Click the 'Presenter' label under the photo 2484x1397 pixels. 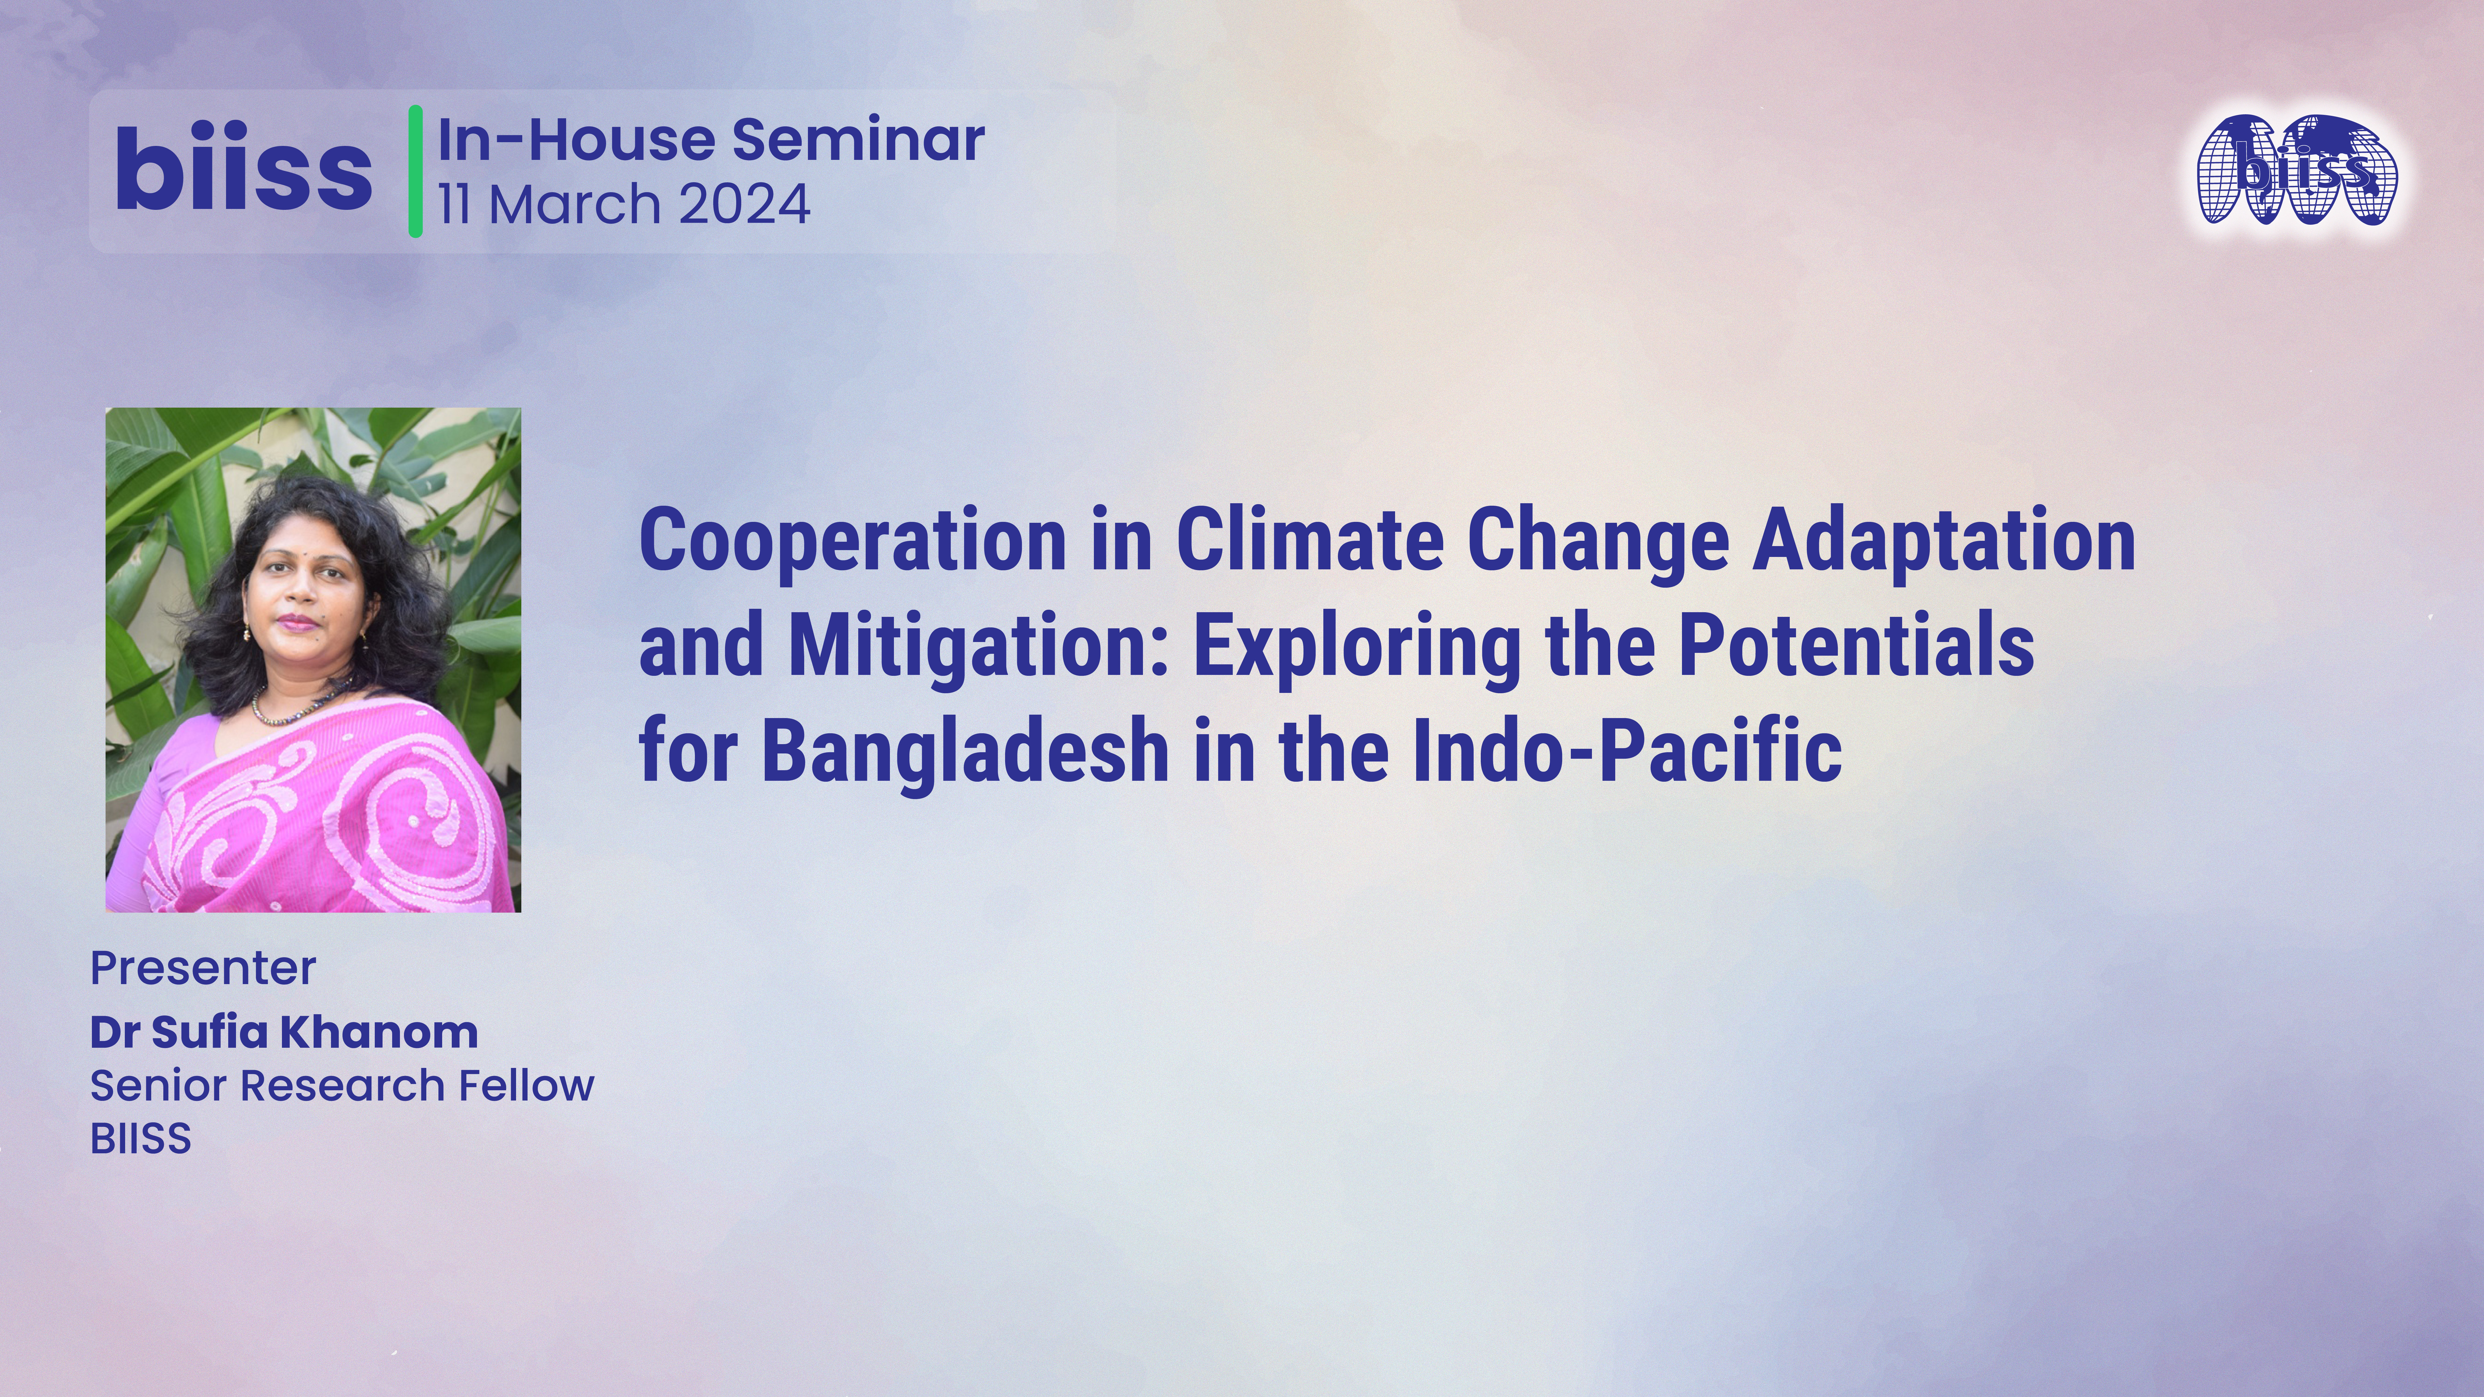(202, 968)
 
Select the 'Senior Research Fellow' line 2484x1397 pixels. (342, 1086)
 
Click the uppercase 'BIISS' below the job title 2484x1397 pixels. (141, 1139)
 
